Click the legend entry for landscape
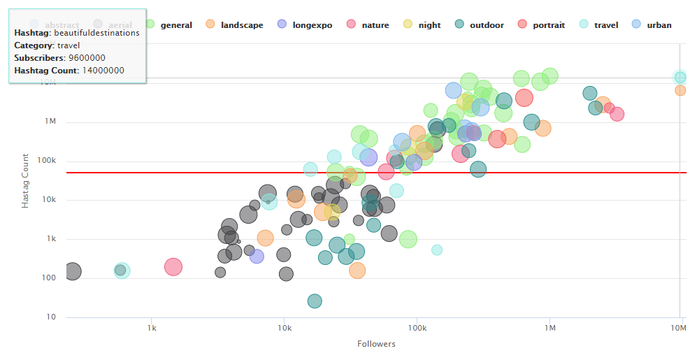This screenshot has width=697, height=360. click(x=241, y=25)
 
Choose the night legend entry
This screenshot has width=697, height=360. click(x=429, y=25)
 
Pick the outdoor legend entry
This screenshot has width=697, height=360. click(x=486, y=25)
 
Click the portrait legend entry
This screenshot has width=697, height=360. click(x=548, y=25)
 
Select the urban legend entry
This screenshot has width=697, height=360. click(x=659, y=25)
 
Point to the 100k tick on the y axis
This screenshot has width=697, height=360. click(x=46, y=161)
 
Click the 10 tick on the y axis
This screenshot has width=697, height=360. click(x=50, y=317)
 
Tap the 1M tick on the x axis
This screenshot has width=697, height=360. click(x=549, y=328)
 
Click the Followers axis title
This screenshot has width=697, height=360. click(x=376, y=344)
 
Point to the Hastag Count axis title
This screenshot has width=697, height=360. click(x=25, y=180)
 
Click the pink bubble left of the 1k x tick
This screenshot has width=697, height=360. click(x=173, y=266)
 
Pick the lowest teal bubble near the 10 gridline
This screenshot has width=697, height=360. click(x=315, y=301)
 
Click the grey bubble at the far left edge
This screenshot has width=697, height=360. click(x=73, y=271)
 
